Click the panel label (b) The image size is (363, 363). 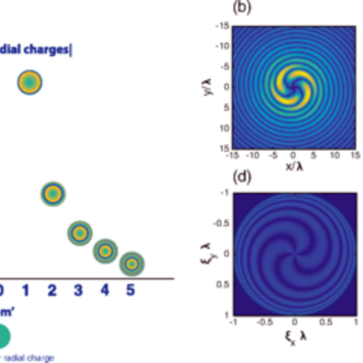click(241, 8)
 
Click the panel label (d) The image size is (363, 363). click(241, 177)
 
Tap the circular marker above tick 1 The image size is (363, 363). click(30, 82)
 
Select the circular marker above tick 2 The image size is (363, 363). click(53, 194)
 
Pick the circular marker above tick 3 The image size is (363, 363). click(79, 233)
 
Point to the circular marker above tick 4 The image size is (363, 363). click(105, 250)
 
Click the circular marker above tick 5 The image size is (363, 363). click(131, 263)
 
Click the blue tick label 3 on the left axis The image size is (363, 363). click(78, 292)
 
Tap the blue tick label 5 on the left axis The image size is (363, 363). click(130, 292)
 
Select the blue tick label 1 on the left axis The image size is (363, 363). click(26, 292)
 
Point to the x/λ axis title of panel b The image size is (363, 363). click(293, 166)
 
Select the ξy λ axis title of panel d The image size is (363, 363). click(210, 253)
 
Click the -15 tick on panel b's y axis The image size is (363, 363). click(222, 25)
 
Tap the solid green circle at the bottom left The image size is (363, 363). click(3, 336)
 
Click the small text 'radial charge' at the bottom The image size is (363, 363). click(34, 358)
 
